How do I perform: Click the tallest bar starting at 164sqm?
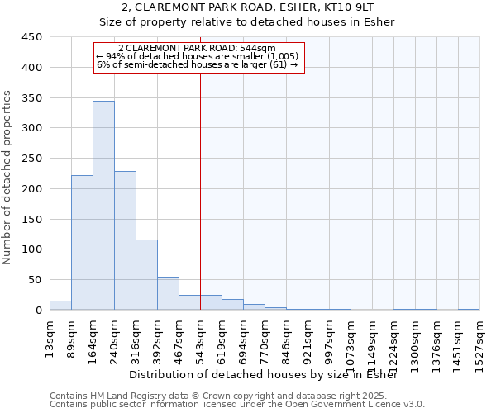coord(103,206)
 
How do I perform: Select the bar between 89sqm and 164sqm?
coord(82,243)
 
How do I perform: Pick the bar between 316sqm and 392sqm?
coord(146,275)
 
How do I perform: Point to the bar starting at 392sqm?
coord(168,293)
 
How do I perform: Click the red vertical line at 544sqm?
coord(200,190)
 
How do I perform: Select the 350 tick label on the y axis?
coord(32,98)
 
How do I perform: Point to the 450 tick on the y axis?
coord(32,37)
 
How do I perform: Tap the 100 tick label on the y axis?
coord(32,249)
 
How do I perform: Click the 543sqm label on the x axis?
coord(201,339)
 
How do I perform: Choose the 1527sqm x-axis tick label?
coord(480,342)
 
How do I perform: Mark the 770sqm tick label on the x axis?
coord(265,339)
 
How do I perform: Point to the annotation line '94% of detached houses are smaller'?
coord(199,56)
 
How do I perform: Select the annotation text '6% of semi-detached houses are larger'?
coord(197,64)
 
